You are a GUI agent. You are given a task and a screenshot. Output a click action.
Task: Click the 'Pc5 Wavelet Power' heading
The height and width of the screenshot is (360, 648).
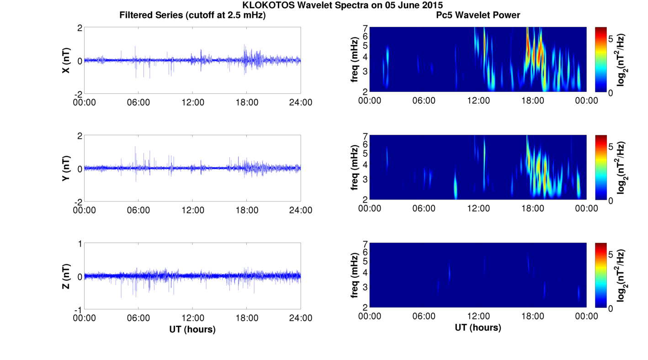[478, 15]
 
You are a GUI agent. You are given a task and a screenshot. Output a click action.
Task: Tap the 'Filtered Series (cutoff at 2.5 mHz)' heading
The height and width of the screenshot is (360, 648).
[192, 15]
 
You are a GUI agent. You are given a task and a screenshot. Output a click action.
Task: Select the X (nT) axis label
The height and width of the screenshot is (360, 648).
[66, 60]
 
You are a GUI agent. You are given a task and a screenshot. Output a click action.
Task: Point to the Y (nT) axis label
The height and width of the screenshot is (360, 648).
[66, 168]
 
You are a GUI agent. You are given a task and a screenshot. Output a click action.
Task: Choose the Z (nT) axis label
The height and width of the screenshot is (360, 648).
[66, 276]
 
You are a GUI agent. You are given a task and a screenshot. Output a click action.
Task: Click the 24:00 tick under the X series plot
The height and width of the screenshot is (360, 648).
[301, 102]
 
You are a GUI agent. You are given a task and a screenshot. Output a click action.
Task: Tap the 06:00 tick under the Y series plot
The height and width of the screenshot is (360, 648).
[138, 210]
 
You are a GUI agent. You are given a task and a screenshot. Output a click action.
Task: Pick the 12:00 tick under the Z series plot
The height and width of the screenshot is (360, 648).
[193, 318]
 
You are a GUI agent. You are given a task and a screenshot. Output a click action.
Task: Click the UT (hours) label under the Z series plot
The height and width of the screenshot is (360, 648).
[192, 329]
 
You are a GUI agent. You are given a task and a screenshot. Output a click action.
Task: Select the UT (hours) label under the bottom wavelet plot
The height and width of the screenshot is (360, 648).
[478, 328]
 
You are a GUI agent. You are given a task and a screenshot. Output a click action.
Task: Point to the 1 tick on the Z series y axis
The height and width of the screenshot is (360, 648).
[80, 244]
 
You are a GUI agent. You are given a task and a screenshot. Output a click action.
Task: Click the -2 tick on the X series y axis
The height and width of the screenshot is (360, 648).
[78, 95]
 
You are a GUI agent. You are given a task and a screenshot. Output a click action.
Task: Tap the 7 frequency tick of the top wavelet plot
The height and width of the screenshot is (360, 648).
[365, 28]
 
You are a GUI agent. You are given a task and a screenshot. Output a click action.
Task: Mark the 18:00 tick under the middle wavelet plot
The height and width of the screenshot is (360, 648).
[532, 208]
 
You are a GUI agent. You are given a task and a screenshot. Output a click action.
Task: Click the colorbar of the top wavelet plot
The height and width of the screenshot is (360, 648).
[601, 59]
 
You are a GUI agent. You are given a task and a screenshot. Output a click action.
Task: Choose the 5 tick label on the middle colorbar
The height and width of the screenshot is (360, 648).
[611, 147]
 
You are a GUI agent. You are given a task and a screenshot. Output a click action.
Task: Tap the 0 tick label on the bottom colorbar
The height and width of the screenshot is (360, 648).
[611, 309]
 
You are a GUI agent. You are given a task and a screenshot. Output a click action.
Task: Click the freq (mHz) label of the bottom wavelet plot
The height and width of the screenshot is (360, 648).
[354, 275]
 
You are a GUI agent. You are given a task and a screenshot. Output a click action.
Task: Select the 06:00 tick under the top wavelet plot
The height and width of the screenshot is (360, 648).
[424, 101]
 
